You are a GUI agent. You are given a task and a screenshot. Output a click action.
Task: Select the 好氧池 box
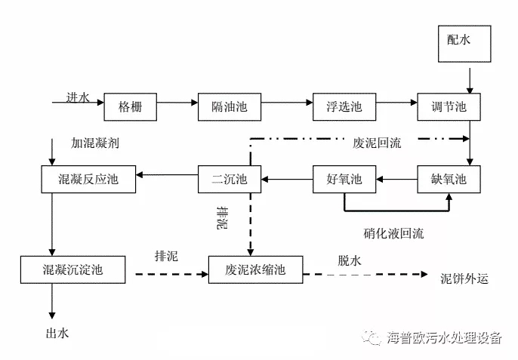(x=345, y=180)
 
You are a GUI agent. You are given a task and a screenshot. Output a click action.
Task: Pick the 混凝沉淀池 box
(x=72, y=269)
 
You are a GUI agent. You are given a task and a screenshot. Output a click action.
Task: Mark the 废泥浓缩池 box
(x=256, y=269)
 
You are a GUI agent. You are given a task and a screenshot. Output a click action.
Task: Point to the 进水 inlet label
(x=77, y=97)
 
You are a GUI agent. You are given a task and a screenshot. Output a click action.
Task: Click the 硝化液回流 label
(x=393, y=232)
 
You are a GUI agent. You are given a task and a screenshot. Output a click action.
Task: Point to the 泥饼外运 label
(x=464, y=278)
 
